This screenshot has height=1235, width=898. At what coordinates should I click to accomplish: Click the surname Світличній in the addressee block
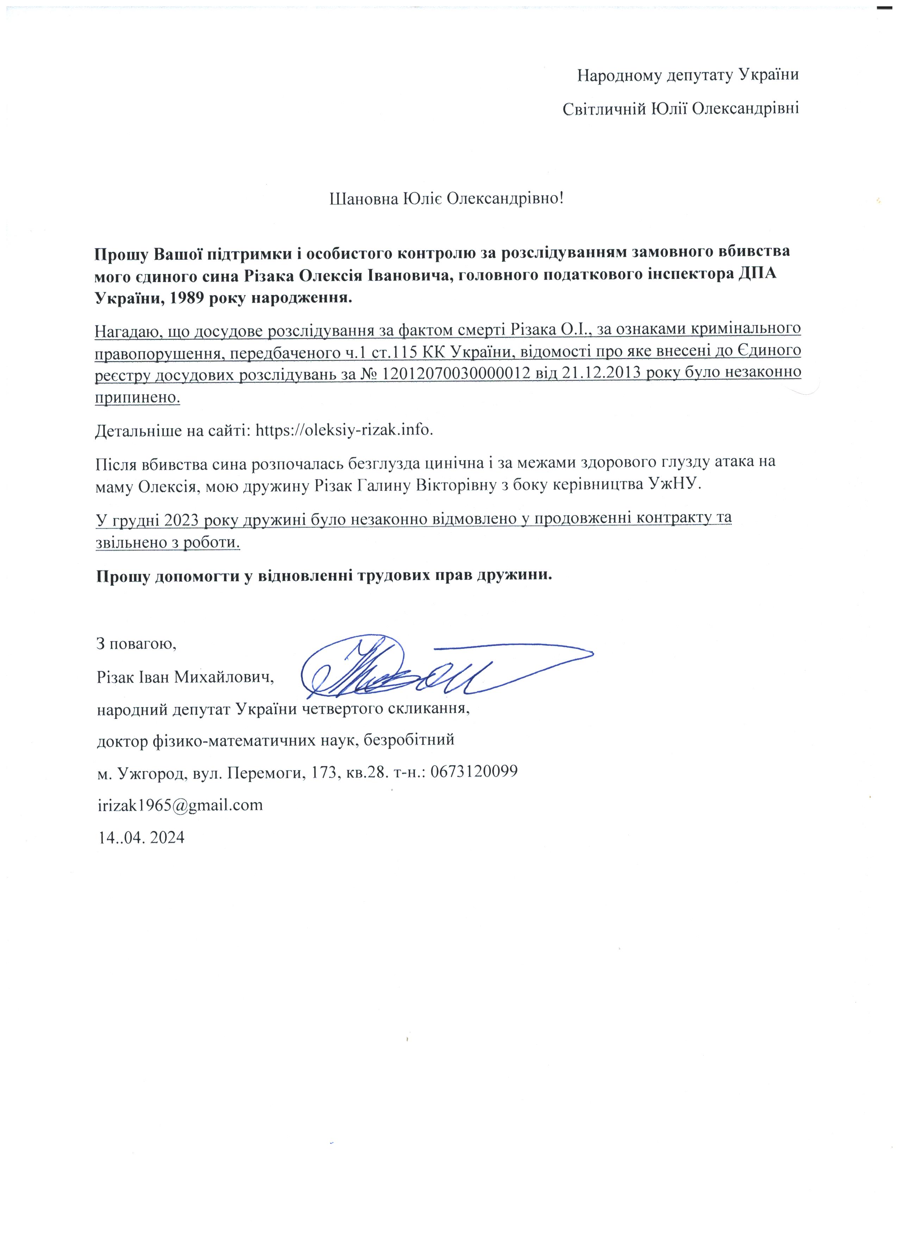pos(603,109)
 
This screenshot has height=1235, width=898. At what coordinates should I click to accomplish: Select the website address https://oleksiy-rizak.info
pos(344,430)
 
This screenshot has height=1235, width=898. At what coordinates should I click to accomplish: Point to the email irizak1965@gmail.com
pos(180,805)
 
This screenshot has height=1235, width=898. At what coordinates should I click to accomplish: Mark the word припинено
pos(137,397)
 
